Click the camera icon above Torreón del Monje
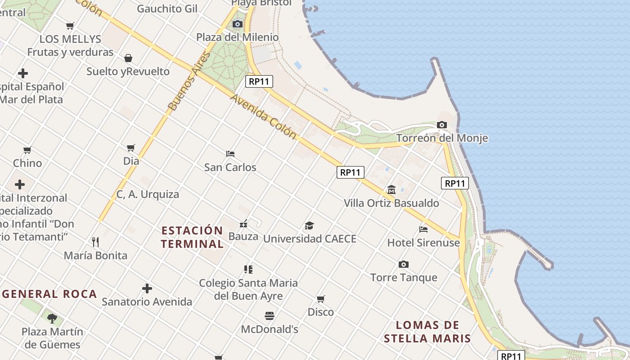point(442,125)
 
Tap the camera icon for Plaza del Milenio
point(238,24)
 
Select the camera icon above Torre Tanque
point(404,264)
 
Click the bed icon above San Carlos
point(230,154)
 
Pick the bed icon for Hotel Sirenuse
point(423,229)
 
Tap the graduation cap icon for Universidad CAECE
point(309,225)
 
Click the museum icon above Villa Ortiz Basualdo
point(391,190)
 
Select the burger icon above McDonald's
point(270,316)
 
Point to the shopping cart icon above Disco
point(321,299)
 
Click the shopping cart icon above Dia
point(131,148)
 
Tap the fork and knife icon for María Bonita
point(95,242)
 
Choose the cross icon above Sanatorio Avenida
point(147,288)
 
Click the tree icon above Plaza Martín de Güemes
point(52,319)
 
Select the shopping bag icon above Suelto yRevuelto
point(128,58)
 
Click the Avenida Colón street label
point(264,116)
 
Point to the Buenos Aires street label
point(189,81)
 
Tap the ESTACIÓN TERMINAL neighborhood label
point(192,237)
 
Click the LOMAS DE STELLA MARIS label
point(427,332)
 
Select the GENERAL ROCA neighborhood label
point(49,294)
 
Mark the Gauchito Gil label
point(167,9)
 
